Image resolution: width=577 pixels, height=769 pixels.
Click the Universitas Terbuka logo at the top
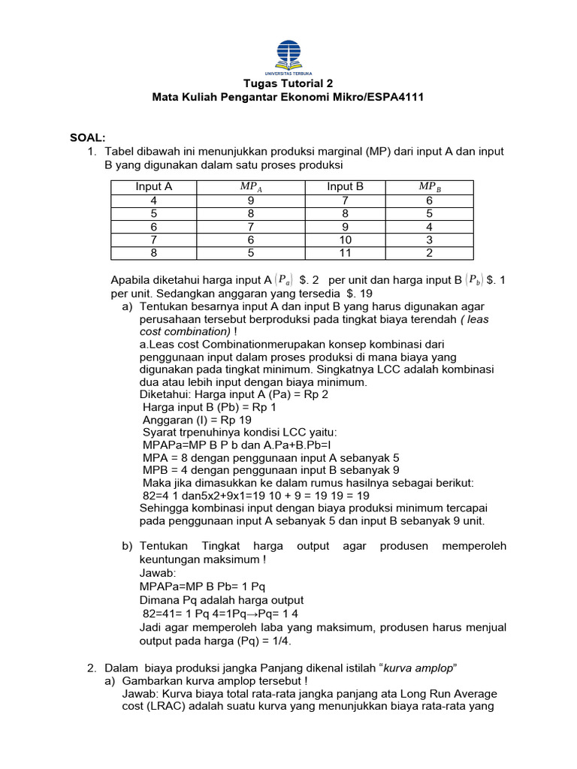[288, 55]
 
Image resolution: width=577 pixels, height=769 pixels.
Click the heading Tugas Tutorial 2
[288, 83]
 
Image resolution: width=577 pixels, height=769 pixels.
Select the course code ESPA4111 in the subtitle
[391, 98]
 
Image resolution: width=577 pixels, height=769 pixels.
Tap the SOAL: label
[88, 137]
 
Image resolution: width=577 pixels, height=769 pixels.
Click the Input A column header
[154, 187]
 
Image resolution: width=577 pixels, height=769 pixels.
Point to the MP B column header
[429, 187]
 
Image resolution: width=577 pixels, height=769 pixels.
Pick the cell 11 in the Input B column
[345, 253]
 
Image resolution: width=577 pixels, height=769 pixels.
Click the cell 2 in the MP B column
[429, 253]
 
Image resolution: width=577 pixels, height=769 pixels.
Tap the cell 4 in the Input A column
[154, 201]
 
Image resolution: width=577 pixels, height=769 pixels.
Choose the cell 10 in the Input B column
[345, 240]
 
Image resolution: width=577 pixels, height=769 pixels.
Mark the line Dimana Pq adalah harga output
[222, 600]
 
